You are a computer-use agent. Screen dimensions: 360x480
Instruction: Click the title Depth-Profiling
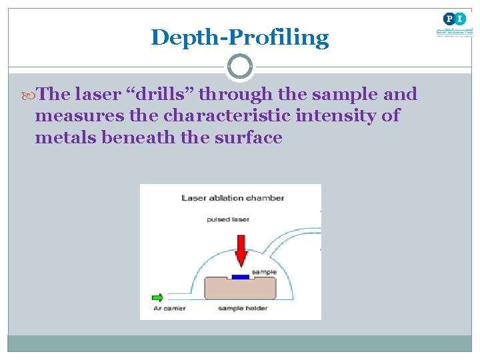pos(240,37)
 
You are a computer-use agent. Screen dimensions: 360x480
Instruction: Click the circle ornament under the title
pos(240,67)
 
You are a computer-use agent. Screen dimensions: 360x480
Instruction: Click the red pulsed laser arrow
pos(241,250)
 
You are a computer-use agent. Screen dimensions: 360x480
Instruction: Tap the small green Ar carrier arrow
pos(157,297)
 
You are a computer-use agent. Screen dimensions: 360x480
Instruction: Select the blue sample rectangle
pos(241,276)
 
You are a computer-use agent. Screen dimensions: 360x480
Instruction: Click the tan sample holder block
pos(241,289)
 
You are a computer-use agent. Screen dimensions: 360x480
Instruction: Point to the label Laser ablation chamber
pos(233,198)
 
